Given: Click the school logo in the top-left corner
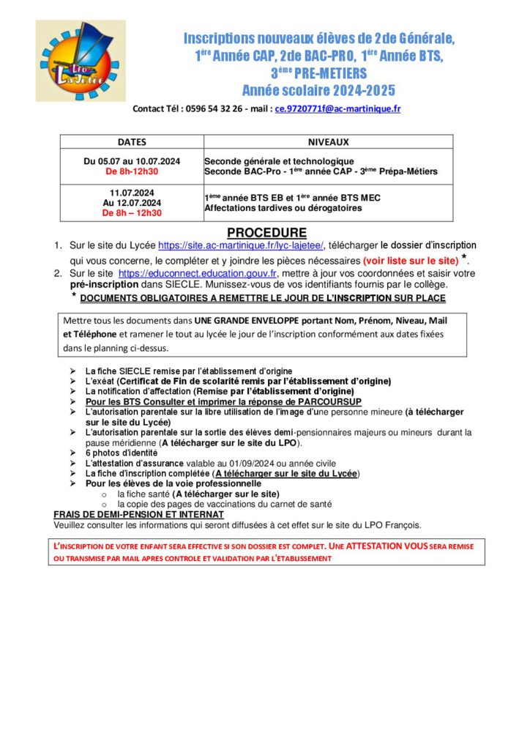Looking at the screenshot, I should (81, 61).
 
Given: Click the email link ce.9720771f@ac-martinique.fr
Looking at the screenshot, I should (337, 108).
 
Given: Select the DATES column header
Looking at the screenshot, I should (132, 142).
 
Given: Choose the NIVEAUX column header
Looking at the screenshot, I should (328, 142).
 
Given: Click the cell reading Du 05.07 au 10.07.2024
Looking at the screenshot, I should (132, 161).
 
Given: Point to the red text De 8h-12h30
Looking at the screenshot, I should (132, 171).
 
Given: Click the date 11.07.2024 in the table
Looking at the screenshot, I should (132, 193).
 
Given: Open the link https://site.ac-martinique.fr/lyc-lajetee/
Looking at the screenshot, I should (242, 245).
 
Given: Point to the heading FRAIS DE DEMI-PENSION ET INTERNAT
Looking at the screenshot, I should (138, 515).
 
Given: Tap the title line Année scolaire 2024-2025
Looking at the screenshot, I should (318, 90).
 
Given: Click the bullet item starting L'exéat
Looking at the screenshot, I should (239, 382).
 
